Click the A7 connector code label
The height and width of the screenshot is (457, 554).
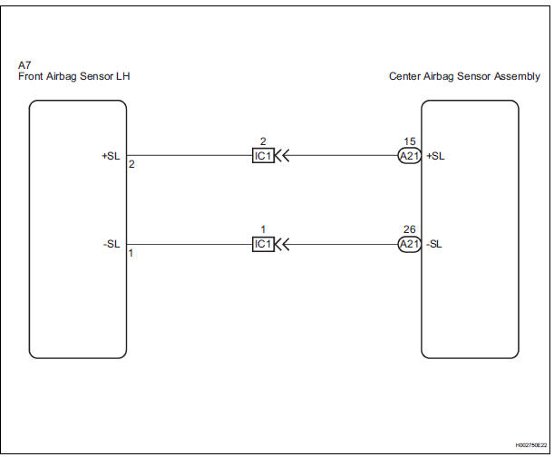(24, 66)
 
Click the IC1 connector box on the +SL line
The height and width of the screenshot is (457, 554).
(262, 155)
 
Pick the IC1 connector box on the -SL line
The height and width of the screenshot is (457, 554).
(262, 244)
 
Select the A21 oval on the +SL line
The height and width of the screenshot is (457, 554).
(408, 155)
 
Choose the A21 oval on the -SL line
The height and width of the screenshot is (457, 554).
(408, 244)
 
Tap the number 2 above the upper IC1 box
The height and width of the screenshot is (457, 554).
(262, 141)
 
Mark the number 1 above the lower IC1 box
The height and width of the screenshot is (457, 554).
(262, 230)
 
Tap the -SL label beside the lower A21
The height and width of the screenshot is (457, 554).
(434, 244)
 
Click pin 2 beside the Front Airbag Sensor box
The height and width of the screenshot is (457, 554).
(131, 165)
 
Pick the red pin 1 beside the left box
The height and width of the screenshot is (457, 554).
(131, 254)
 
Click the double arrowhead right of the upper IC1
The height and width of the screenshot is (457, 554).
(282, 155)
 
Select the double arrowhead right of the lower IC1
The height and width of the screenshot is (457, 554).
(282, 244)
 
